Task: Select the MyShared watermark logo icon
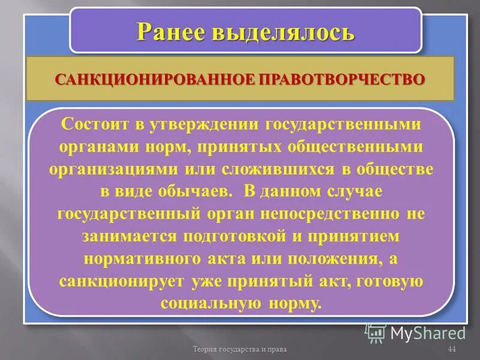click(376, 332)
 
